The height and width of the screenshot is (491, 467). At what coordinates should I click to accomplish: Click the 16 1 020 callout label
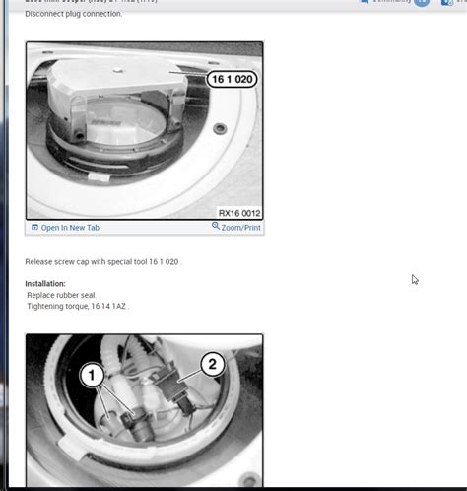pos(231,79)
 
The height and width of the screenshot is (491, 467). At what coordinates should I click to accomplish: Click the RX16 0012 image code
pos(238,212)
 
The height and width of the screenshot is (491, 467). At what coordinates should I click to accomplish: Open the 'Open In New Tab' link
pos(70,228)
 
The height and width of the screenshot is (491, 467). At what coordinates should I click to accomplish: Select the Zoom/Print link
pos(240,227)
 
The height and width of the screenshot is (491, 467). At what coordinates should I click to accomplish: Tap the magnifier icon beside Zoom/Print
pos(216,227)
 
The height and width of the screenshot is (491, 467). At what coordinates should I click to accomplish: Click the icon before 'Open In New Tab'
pos(34,228)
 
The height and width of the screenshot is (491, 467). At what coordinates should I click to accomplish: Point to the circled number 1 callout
pos(92,375)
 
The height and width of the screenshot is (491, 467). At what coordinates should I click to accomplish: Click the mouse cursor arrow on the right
pos(415,280)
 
